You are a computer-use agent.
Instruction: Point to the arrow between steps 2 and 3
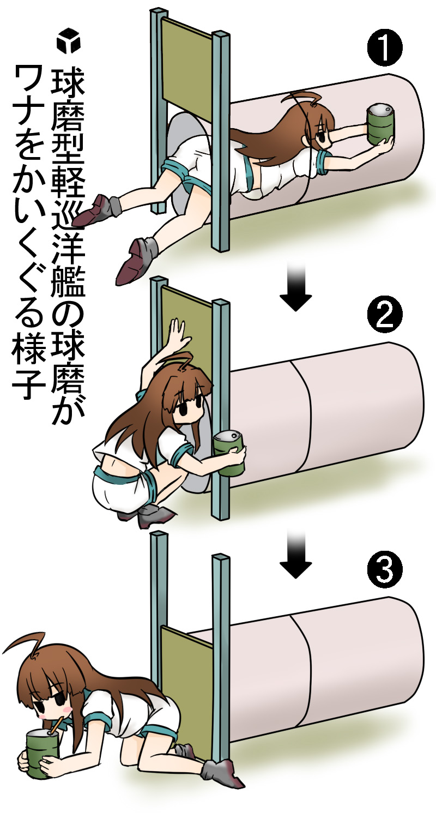tap(296, 551)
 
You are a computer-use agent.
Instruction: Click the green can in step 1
tap(380, 125)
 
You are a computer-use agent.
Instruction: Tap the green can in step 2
tap(229, 453)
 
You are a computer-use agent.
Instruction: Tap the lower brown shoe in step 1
tap(138, 260)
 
